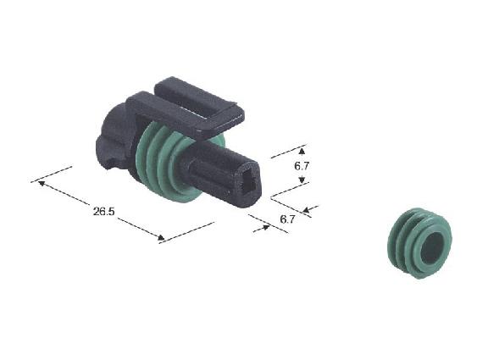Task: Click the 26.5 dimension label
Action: pos(104,211)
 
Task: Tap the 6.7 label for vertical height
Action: pos(302,166)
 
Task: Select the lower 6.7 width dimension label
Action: pos(287,219)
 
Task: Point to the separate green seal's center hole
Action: pos(432,247)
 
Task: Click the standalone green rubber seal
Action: pos(419,244)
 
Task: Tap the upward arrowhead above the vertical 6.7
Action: pos(302,152)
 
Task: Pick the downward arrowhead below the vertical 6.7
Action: pos(302,180)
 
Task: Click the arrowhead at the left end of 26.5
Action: pos(42,183)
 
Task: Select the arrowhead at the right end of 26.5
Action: pos(161,238)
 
